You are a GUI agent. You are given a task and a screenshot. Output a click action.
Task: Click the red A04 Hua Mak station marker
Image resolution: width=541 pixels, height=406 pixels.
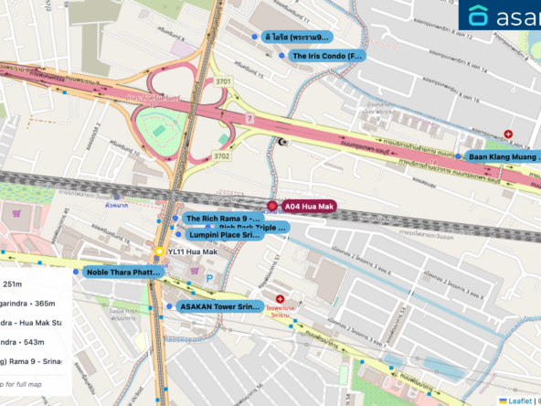click(x=272, y=206)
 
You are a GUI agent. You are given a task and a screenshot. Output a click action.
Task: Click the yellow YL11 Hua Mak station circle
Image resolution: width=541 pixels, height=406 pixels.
click(x=159, y=251)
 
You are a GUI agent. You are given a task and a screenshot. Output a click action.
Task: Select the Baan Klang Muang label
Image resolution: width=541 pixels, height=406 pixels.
click(x=504, y=156)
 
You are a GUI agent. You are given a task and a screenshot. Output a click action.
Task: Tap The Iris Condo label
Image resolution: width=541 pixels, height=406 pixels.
click(x=326, y=56)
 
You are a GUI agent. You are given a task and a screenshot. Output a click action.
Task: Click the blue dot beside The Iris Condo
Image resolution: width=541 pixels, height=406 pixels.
click(x=281, y=56)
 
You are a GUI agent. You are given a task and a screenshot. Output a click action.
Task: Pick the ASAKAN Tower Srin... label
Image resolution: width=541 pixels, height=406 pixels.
click(x=220, y=306)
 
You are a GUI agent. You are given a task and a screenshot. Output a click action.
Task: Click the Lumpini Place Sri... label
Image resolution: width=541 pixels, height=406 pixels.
click(x=223, y=235)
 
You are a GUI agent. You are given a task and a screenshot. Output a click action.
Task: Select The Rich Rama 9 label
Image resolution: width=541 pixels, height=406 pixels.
click(x=222, y=219)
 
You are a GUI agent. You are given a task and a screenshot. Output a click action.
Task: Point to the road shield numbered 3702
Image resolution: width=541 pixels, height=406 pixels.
click(x=222, y=156)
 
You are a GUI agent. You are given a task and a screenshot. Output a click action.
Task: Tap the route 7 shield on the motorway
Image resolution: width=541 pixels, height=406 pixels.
click(x=249, y=119)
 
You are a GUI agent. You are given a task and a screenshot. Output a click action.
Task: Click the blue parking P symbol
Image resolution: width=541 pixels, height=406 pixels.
click(x=209, y=278)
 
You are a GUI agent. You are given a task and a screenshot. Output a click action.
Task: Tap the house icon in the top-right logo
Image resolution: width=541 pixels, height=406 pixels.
click(x=479, y=16)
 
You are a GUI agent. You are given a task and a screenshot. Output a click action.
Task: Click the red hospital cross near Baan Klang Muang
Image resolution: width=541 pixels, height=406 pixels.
click(x=508, y=134)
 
